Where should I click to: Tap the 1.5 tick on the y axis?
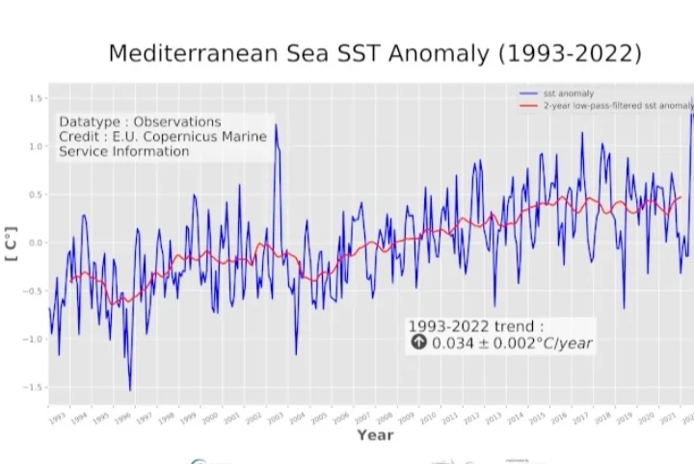pos(37,99)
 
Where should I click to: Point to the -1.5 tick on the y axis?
pos(35,388)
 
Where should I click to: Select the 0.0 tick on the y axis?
pos(37,244)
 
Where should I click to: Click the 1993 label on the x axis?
pos(56,419)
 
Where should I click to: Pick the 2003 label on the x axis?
pos(275,419)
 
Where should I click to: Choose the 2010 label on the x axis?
pos(427,419)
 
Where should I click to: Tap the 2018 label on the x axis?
pos(601,419)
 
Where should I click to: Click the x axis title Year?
pos(375,435)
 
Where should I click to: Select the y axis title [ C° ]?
pos(12,244)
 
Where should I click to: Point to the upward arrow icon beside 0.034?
pos(418,343)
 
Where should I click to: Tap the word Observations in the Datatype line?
pos(176,122)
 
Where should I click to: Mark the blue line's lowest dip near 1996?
pos(130,390)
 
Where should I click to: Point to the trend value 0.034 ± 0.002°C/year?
pos(510,344)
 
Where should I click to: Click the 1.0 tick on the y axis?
pos(37,147)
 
